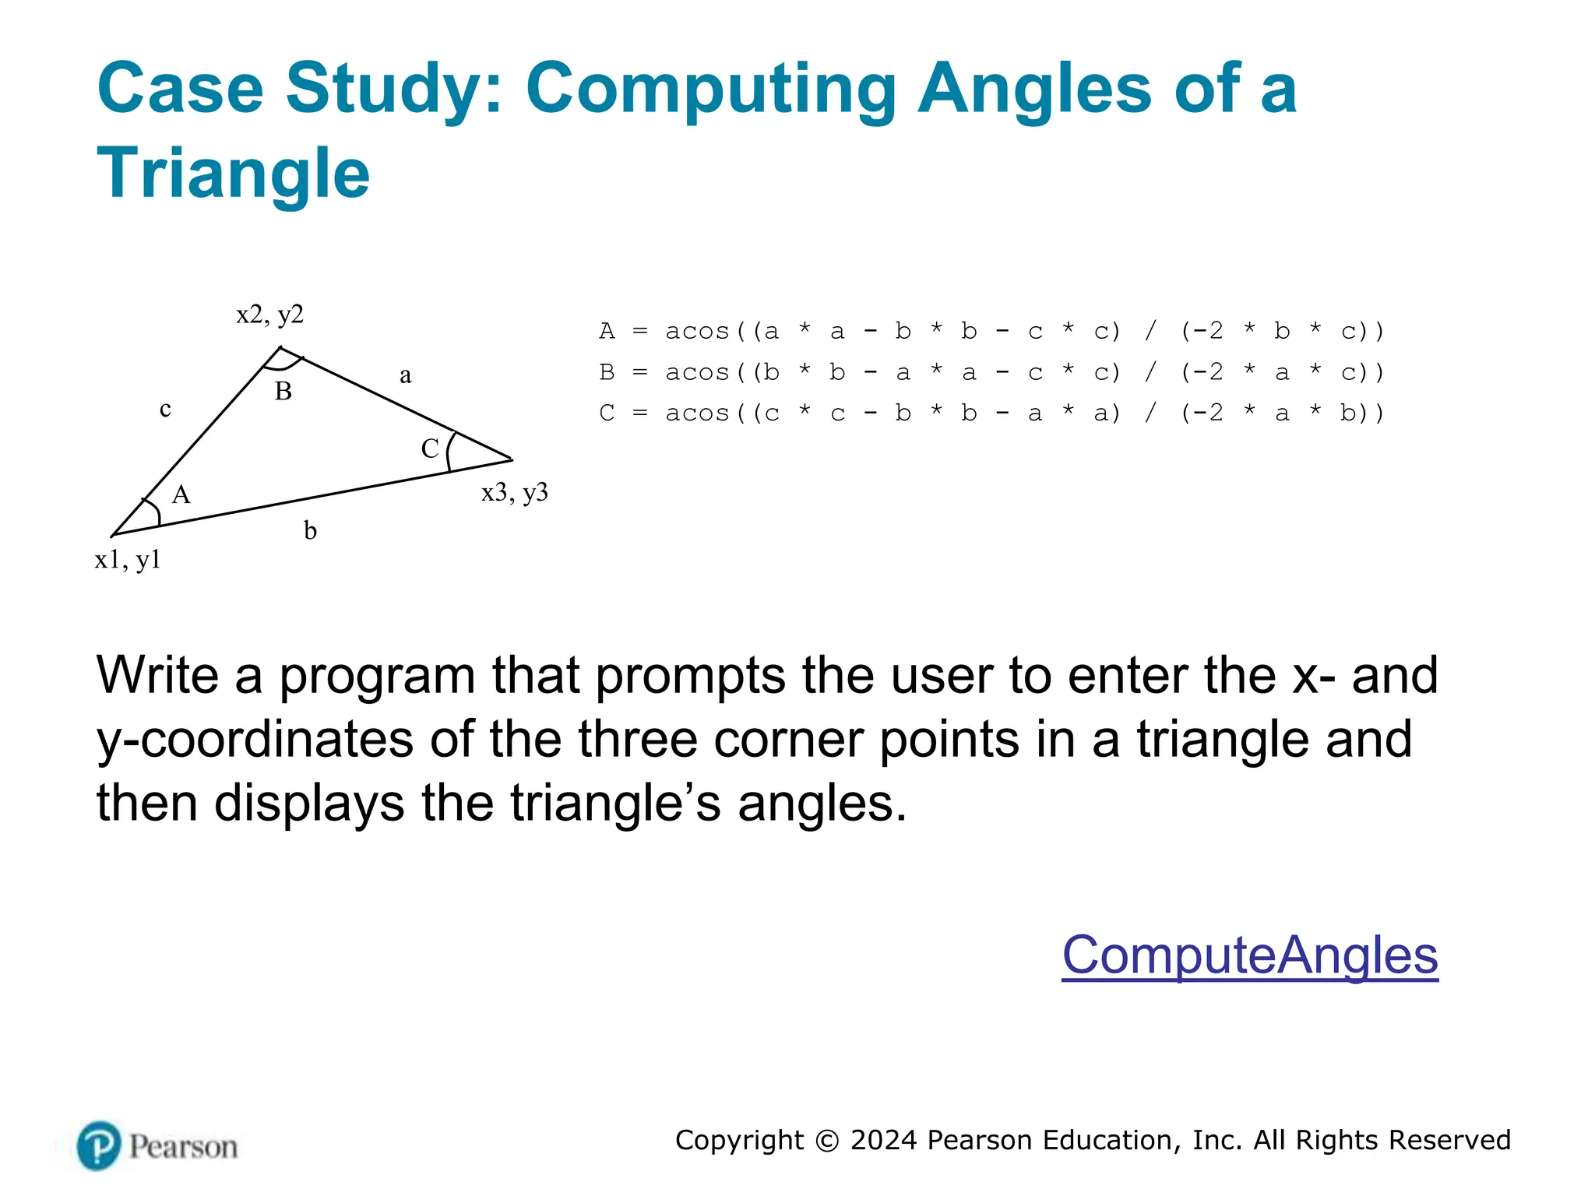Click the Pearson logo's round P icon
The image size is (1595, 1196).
[x=99, y=1145]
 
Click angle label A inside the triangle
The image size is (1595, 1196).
[x=181, y=494]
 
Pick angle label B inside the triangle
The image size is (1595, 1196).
[x=283, y=391]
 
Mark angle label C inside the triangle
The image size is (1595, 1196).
[x=430, y=448]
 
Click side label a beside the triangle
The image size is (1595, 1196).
[x=405, y=376]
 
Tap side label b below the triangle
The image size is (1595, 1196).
[x=310, y=531]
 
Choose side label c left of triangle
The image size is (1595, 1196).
[x=165, y=409]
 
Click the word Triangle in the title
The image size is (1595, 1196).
[x=233, y=173]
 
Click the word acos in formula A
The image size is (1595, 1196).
[x=697, y=332]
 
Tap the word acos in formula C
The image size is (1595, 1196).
[x=697, y=413]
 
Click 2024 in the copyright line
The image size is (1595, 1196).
[x=883, y=1140]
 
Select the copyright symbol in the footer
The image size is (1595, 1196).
[x=827, y=1141]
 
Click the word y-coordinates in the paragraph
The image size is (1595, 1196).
[x=255, y=739]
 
